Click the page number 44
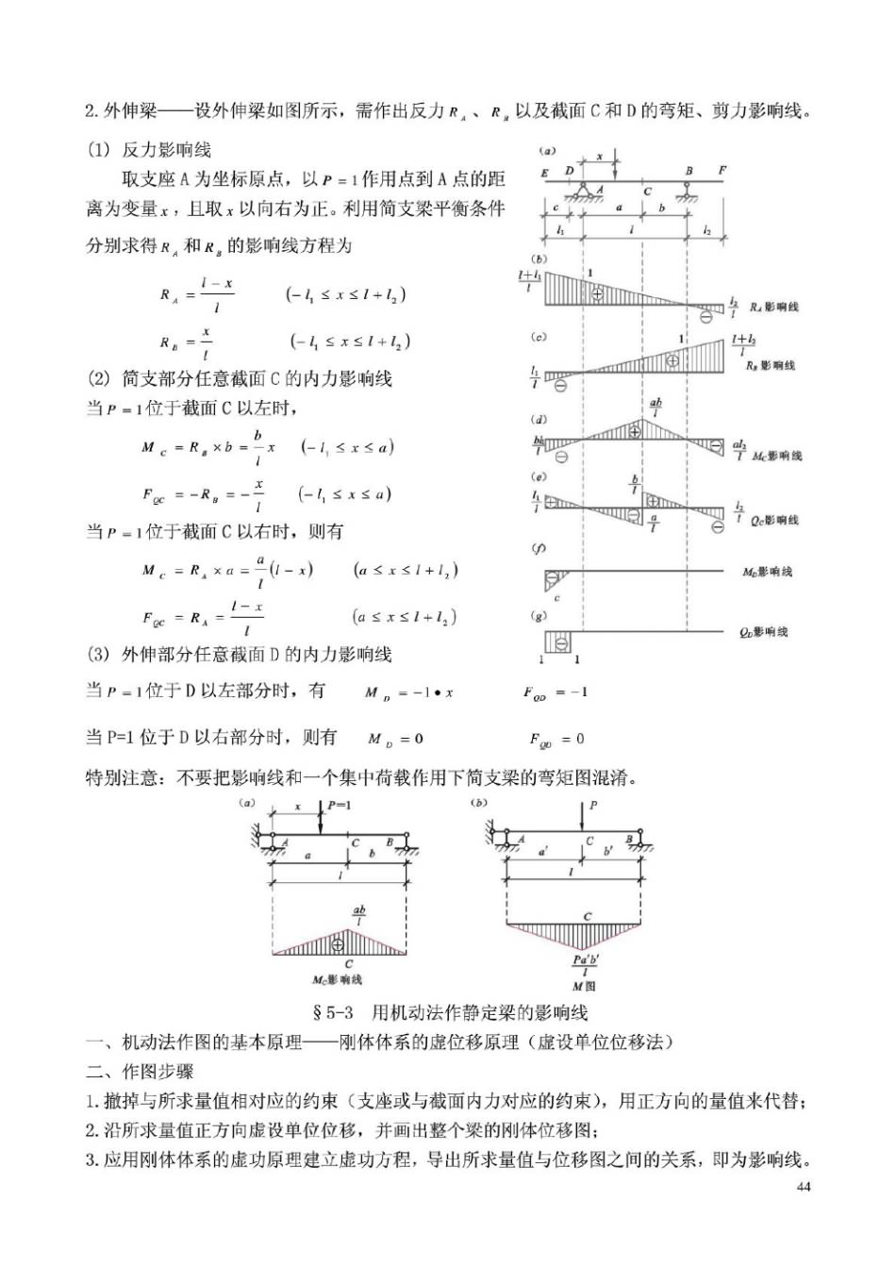pyautogui.click(x=804, y=1187)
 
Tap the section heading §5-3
pyautogui.click(x=332, y=1013)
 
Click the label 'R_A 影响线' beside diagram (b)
pyautogui.click(x=774, y=307)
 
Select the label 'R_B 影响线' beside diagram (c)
pyautogui.click(x=771, y=365)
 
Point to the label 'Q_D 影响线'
pyautogui.click(x=763, y=632)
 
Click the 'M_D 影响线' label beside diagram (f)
pyautogui.click(x=767, y=572)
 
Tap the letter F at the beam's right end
pyautogui.click(x=722, y=171)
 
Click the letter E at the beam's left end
pyautogui.click(x=545, y=173)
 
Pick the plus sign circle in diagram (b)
pyautogui.click(x=596, y=294)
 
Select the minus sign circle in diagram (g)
pyautogui.click(x=561, y=642)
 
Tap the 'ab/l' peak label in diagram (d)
pyautogui.click(x=655, y=407)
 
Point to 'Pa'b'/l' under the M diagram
pyautogui.click(x=586, y=965)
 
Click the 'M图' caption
pyautogui.click(x=585, y=986)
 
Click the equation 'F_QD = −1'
pyautogui.click(x=556, y=692)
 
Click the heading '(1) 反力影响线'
pyautogui.click(x=149, y=150)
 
